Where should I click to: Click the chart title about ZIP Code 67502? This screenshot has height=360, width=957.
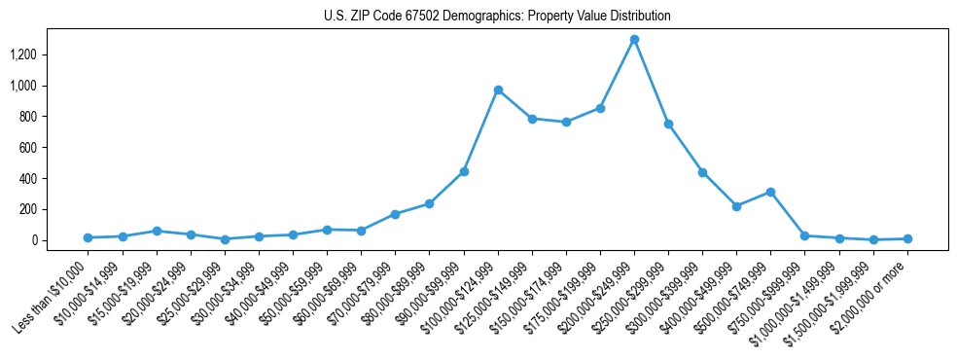tap(497, 17)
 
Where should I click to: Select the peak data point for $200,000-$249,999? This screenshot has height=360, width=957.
tap(634, 40)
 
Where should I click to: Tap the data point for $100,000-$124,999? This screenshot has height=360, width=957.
tap(498, 90)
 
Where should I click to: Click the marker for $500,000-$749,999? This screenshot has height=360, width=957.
tap(770, 192)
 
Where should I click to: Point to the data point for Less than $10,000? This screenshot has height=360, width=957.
tap(88, 237)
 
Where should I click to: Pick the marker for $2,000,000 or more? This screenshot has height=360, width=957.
tap(907, 238)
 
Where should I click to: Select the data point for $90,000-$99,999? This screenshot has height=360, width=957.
tap(464, 171)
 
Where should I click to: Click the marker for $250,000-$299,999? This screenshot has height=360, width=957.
tap(668, 124)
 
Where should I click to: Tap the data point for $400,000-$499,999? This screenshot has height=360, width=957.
tap(736, 206)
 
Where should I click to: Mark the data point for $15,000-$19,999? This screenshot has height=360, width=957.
tap(157, 231)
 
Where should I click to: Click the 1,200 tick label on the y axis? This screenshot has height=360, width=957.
tap(50, 54)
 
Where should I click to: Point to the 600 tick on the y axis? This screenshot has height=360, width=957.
tap(54, 148)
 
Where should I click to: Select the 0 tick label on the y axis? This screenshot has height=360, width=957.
tap(60, 240)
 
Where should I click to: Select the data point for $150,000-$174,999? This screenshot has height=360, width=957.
tap(566, 122)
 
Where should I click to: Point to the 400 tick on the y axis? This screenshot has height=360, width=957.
tap(54, 179)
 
